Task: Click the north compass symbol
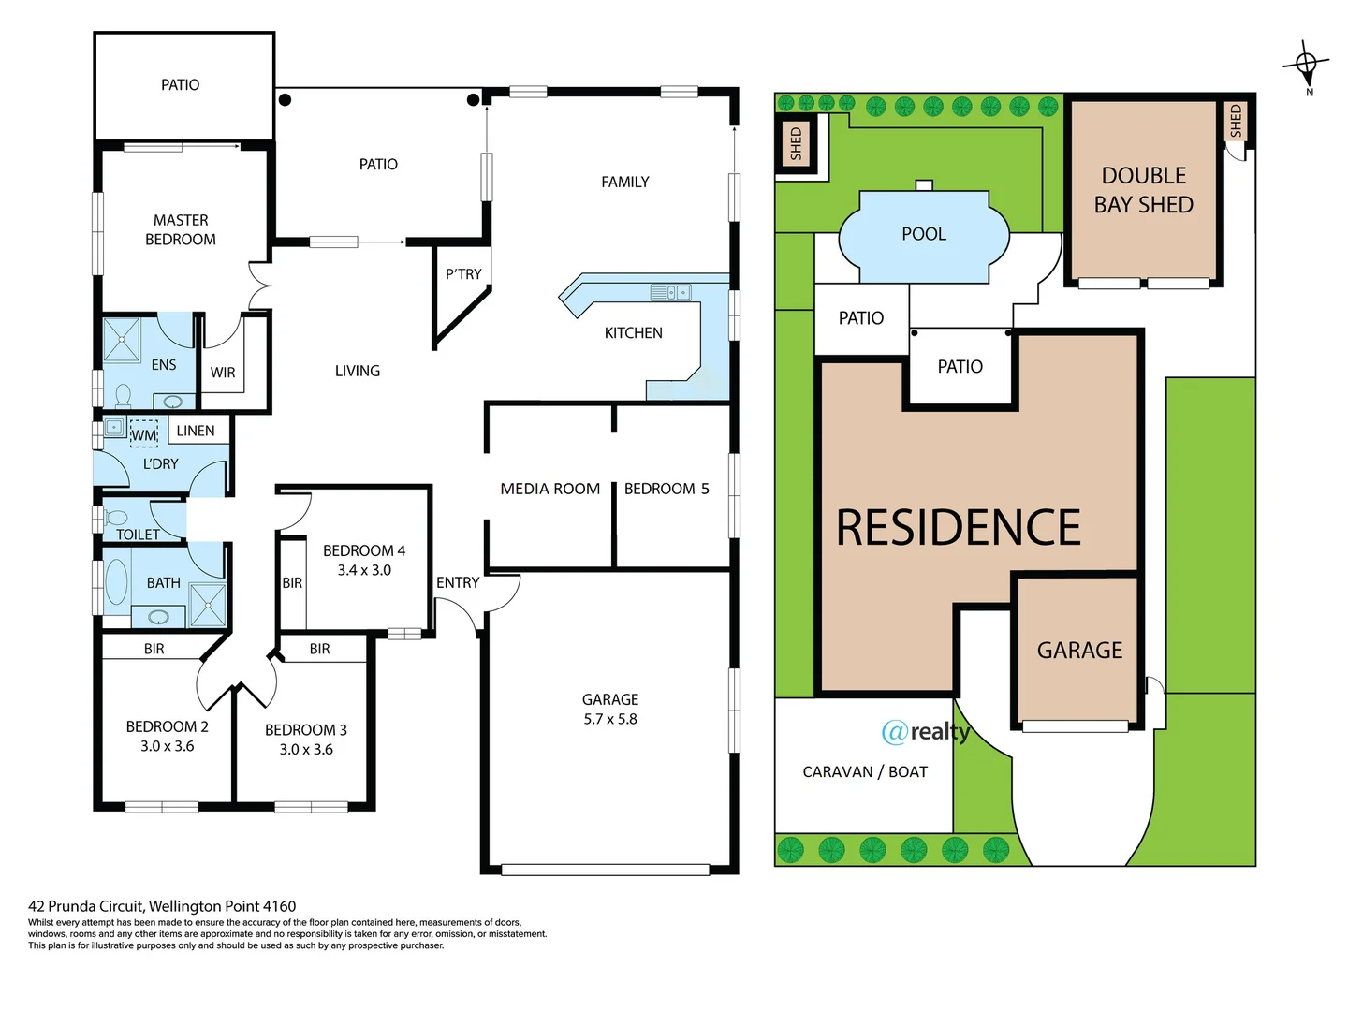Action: pos(1306,65)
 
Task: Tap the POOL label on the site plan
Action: pos(923,234)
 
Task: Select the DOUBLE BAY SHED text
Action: pos(1143,190)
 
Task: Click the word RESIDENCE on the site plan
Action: pos(958,527)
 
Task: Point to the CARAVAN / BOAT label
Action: pos(864,771)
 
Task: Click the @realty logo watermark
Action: pos(925,731)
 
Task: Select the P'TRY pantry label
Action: pos(463,274)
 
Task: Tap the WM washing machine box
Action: pos(143,435)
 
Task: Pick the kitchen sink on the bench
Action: pos(670,293)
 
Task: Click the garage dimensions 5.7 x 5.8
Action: pos(609,719)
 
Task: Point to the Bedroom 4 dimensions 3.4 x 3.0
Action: pos(364,570)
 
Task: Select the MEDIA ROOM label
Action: pos(549,489)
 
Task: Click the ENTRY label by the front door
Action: pos(457,582)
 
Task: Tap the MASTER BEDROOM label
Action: pos(181,229)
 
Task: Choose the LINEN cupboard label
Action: pos(196,431)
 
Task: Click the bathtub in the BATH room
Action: pos(117,582)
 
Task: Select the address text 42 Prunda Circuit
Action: pos(162,906)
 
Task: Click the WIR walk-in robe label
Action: pos(223,373)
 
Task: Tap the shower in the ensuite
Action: pos(122,339)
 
